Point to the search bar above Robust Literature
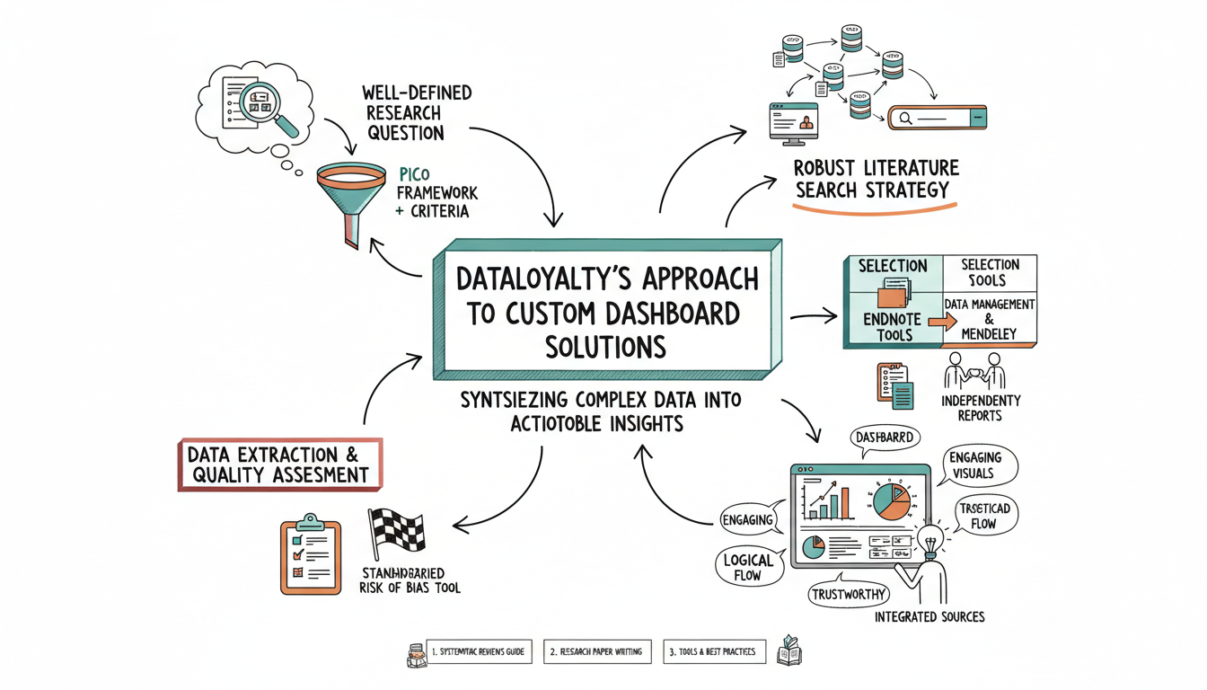click(x=938, y=117)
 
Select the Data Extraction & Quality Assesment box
click(x=280, y=464)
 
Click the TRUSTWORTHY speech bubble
click(x=848, y=594)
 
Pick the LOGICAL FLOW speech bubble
click(x=747, y=567)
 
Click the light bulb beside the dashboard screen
click(x=928, y=541)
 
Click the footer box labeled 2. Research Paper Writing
click(x=596, y=651)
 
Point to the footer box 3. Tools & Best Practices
click(x=715, y=651)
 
